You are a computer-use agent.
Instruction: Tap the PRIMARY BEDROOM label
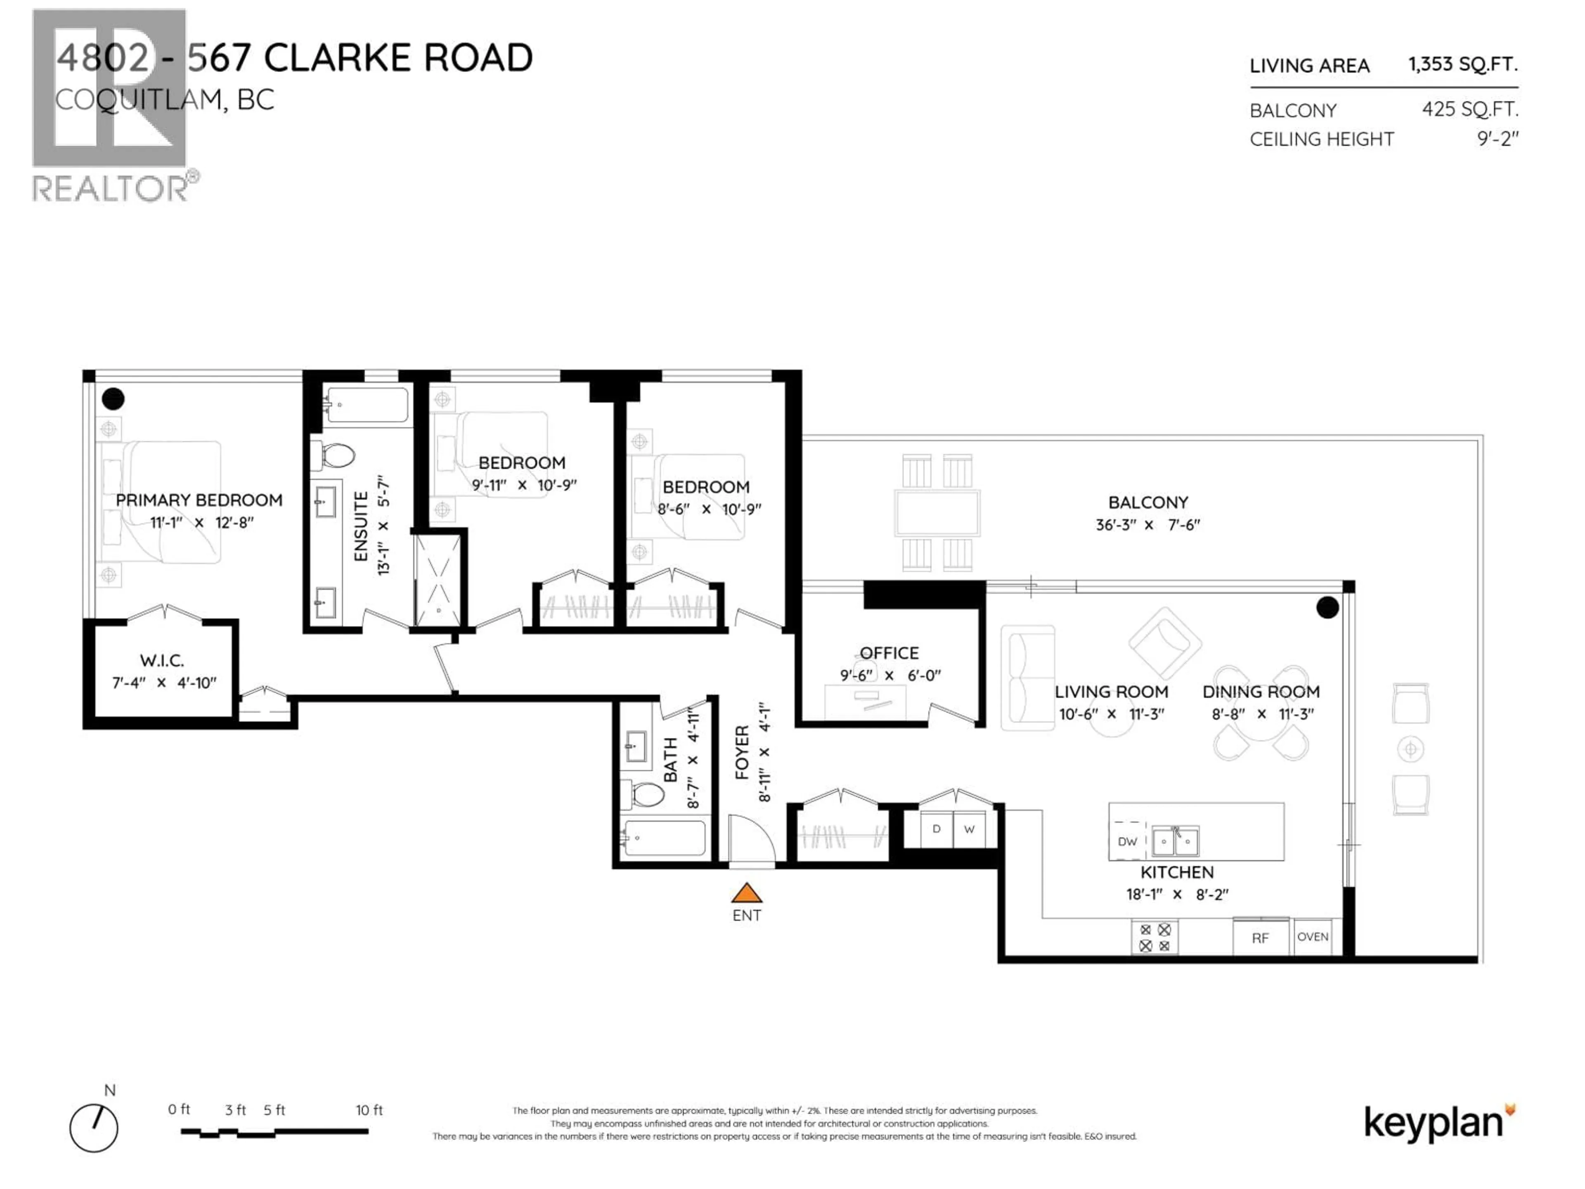click(199, 500)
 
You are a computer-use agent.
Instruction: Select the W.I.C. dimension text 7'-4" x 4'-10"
click(164, 683)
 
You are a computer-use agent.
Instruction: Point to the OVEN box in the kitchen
click(1312, 937)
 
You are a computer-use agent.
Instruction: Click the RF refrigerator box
click(1261, 938)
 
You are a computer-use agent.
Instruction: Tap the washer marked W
click(969, 829)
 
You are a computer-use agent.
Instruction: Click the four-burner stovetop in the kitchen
click(1154, 938)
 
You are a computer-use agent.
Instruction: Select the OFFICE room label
click(889, 653)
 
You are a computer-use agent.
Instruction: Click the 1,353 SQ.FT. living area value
click(1462, 64)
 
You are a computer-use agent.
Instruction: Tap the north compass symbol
click(94, 1128)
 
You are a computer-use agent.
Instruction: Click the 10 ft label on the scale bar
click(369, 1110)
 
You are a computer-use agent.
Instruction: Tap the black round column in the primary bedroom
click(113, 398)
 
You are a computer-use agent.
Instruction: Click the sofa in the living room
click(1027, 677)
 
